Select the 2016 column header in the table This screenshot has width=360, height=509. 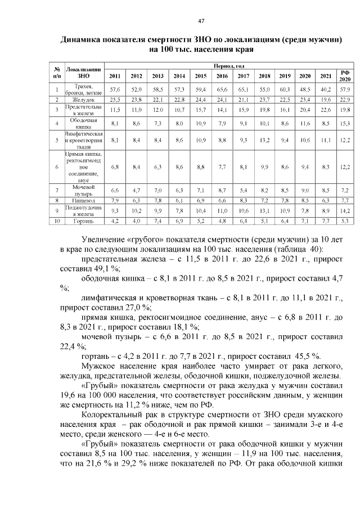click(222, 75)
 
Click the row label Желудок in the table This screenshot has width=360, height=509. click(83, 100)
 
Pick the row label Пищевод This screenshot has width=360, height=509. click(83, 200)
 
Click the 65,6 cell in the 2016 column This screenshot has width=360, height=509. click(222, 89)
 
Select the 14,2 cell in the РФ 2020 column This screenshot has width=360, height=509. click(345, 210)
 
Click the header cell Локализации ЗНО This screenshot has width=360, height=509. click(83, 71)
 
